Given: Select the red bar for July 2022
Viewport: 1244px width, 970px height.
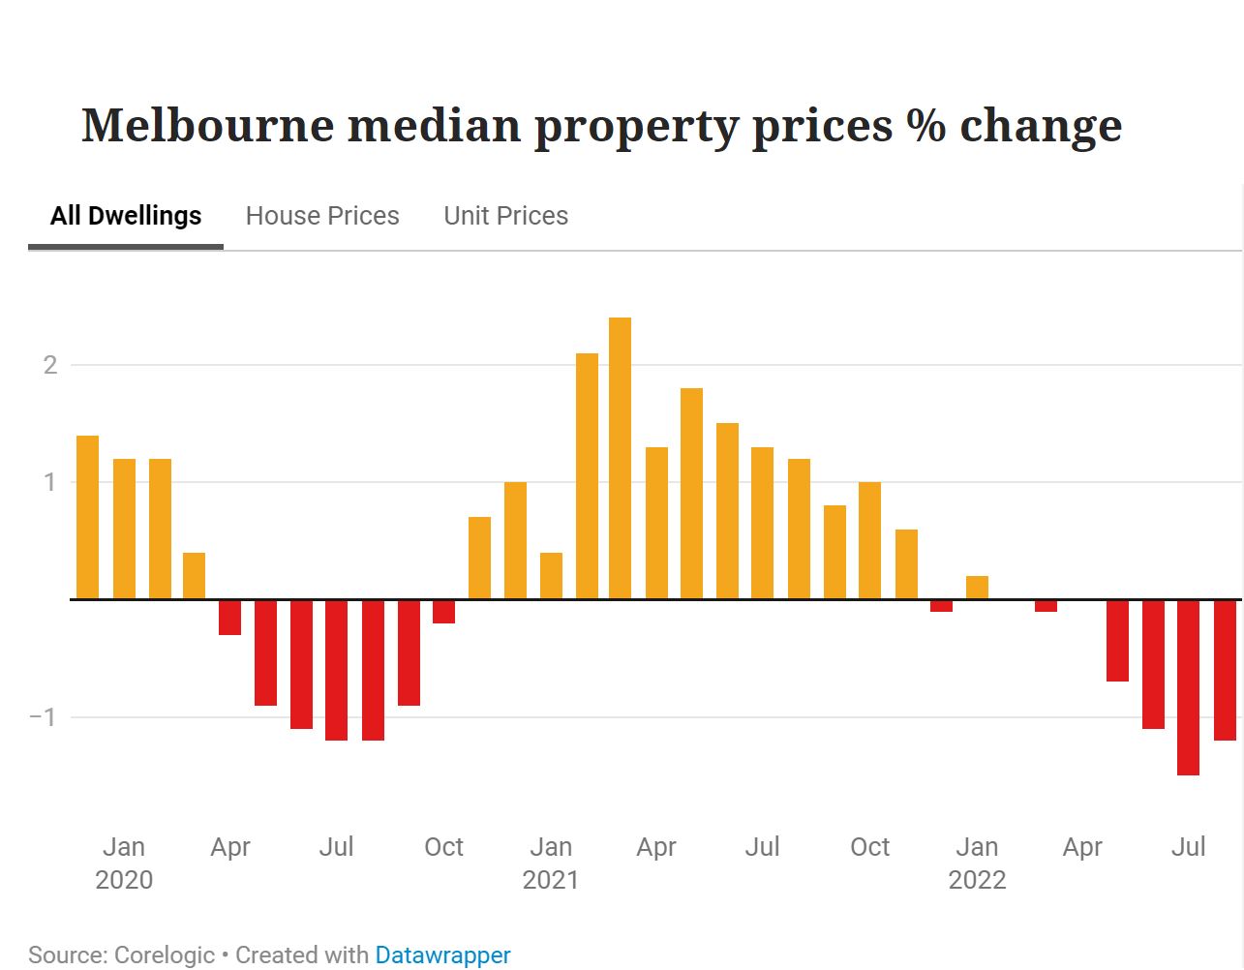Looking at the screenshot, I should coord(1188,687).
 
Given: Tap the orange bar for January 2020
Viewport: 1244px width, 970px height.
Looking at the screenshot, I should coord(123,529).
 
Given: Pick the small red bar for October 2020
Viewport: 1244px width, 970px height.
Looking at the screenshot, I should coord(443,612).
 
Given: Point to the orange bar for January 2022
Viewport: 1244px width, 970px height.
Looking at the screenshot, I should coord(977,588).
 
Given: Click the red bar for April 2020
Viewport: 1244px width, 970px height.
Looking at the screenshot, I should coord(229,618).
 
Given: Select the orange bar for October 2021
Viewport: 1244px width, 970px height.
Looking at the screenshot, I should coord(869,540).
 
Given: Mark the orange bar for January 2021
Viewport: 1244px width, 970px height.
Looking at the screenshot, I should coord(551,575).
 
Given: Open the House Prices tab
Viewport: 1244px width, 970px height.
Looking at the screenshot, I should coord(322,216).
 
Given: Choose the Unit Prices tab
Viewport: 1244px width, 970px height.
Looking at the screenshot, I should coord(505,216).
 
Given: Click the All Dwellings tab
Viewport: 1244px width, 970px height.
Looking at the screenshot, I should coord(126,216).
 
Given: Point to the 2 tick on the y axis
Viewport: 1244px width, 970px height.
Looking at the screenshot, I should coord(50,365).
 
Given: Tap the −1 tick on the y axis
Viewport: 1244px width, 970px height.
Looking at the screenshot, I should coord(44,717).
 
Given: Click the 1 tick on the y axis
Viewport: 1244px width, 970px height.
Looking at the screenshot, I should coord(50,482).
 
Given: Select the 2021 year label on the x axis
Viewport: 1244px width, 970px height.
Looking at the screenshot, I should coord(550,880).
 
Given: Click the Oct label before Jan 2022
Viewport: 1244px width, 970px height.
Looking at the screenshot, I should coord(869,847).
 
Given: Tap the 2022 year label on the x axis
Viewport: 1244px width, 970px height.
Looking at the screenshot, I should coord(977,880).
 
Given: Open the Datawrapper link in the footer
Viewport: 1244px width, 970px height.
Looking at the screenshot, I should coord(442,955).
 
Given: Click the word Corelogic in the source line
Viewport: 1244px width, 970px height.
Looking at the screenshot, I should coord(165,955).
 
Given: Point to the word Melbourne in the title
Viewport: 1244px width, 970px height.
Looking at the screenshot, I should coord(207,126).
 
